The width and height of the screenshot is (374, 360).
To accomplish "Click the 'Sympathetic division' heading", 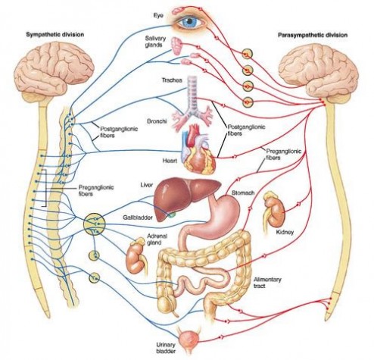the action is tap(55, 34).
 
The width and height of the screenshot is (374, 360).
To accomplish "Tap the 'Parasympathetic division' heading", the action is tap(313, 35).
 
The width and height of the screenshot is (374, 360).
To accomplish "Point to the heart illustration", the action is tap(198, 149).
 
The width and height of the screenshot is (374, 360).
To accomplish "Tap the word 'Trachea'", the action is tap(172, 80).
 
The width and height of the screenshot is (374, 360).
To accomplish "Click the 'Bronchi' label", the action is tap(157, 121).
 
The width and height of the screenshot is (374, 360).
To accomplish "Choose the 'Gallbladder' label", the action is tap(138, 218).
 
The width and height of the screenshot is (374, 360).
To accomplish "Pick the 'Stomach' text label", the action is tap(243, 193).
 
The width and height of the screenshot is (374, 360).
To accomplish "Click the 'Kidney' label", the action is tap(285, 232).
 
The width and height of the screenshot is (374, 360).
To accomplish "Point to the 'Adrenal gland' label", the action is tap(157, 239).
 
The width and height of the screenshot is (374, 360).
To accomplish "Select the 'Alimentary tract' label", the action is tap(267, 283).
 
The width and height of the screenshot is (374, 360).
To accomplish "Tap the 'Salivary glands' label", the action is tap(155, 42).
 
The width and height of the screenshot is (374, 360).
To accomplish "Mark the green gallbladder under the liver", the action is tap(173, 214).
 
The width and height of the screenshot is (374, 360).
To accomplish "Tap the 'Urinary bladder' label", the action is tap(166, 348).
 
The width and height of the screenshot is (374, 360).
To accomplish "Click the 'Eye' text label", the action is tap(158, 15).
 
